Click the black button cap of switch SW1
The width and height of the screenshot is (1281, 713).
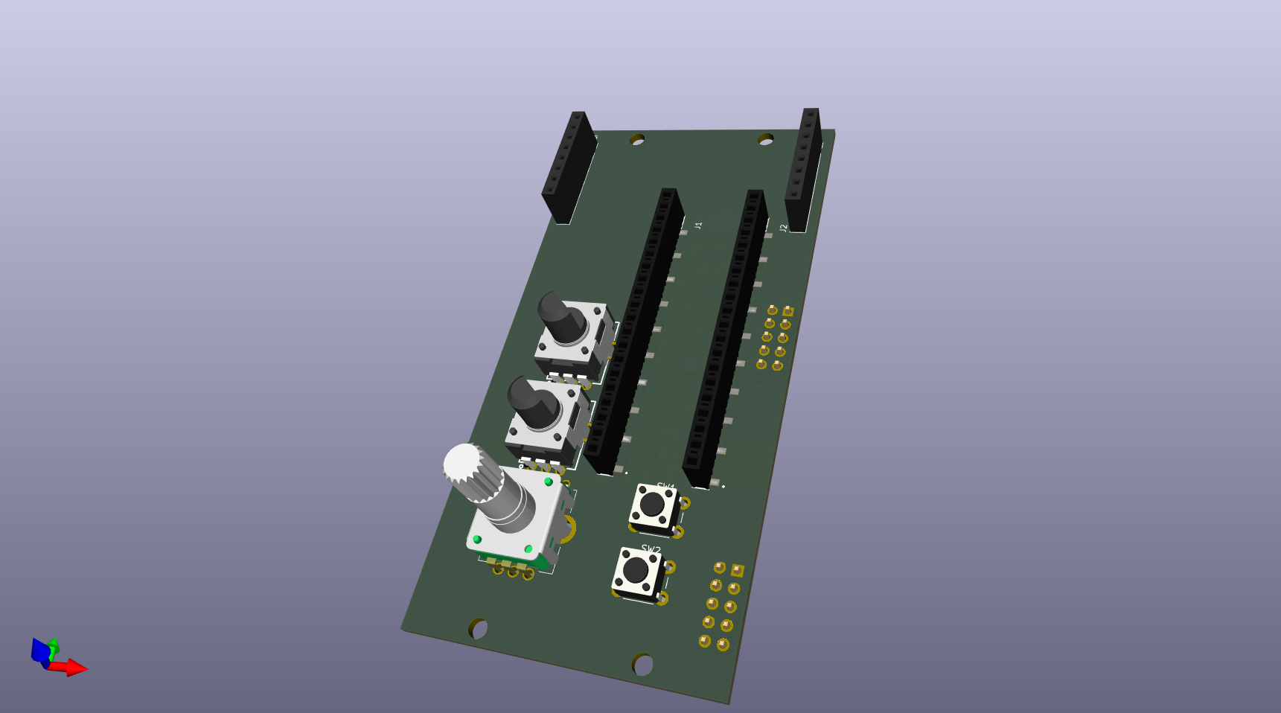tap(652, 504)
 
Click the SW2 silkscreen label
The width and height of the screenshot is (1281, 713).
tap(651, 549)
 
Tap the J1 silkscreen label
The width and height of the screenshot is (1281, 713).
tap(698, 225)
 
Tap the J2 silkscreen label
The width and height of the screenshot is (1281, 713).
tap(783, 228)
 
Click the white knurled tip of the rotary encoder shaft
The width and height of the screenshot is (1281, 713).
tap(463, 464)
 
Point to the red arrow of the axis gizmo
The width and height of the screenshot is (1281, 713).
tap(72, 667)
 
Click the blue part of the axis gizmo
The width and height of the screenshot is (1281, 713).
tap(40, 650)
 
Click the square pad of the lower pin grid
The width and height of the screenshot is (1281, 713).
tap(737, 570)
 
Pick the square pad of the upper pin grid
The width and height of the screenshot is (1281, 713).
tap(788, 311)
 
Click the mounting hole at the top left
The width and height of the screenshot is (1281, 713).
tap(637, 139)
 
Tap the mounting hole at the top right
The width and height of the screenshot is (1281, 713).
tap(765, 139)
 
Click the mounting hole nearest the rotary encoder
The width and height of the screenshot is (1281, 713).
tap(478, 629)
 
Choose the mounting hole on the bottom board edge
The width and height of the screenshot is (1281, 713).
tap(642, 664)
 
